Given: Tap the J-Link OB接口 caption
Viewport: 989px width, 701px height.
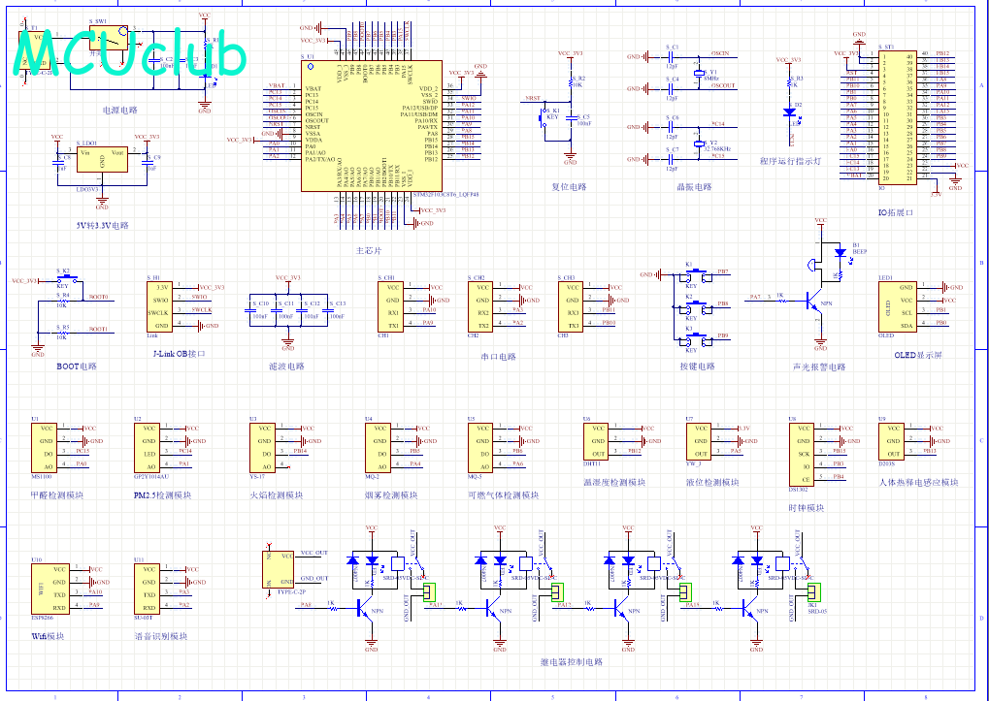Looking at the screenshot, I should (x=180, y=354).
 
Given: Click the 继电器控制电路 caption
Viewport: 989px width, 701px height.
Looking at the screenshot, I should (x=571, y=662).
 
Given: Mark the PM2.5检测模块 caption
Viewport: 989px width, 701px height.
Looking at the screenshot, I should (x=164, y=495).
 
